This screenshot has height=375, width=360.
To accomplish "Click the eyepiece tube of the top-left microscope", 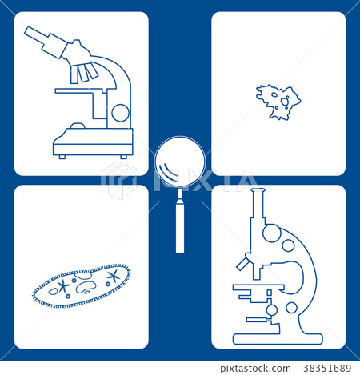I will click(44, 42).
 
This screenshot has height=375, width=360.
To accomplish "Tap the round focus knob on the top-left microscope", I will click(120, 113).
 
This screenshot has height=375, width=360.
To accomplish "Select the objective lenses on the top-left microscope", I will click(83, 73).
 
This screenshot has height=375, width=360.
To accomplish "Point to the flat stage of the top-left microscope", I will click(80, 91).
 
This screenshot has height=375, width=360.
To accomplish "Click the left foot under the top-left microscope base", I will click(62, 157).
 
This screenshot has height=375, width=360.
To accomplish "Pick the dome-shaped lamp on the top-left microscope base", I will click(77, 126).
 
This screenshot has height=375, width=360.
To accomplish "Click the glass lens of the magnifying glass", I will click(180, 161).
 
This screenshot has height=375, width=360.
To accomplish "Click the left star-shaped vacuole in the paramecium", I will click(62, 285).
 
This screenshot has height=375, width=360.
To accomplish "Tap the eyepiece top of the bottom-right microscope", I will click(257, 192).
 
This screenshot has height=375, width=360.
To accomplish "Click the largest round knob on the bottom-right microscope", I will click(272, 233).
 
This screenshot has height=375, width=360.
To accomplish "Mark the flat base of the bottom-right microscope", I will click(277, 339).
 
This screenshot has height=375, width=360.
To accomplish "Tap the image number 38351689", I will click(328, 369).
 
